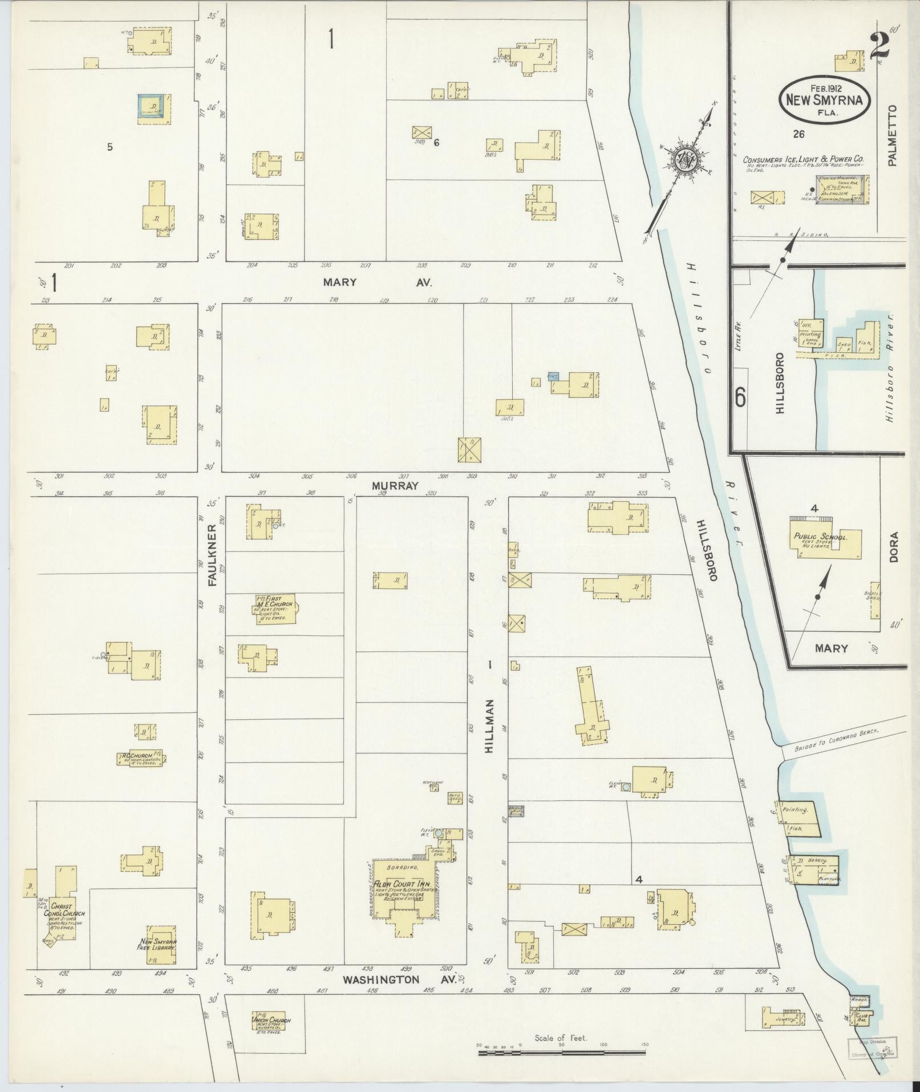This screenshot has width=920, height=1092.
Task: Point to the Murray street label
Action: [x=395, y=486]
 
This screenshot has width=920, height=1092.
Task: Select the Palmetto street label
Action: [x=892, y=135]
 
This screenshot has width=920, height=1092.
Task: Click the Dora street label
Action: [x=893, y=547]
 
